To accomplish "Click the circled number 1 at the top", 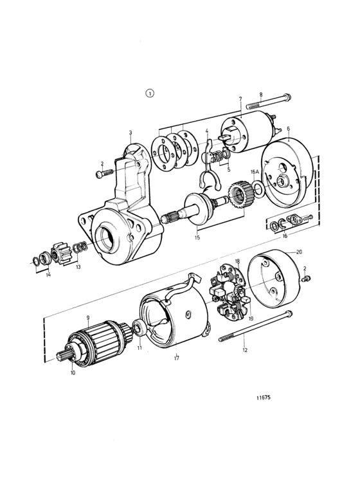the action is pos(150,93).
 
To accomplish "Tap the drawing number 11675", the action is pos(264,398).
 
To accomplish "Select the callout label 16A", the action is pos(255,172).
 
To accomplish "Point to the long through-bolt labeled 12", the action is pos(256,326).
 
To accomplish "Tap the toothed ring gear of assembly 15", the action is pos(237,196).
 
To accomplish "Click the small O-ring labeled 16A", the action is pos(258,190).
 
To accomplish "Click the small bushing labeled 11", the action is pos(138,329).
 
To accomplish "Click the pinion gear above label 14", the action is pos(60,254).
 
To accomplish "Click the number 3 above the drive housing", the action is pos(130,133).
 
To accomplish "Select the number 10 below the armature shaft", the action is pos(73,373).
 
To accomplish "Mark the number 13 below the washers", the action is pos(78,267).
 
